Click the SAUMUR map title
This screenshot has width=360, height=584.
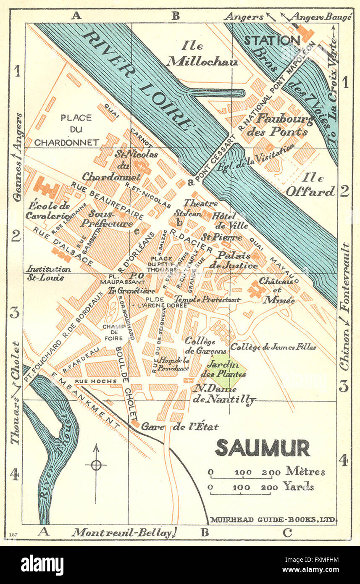[x=263, y=448]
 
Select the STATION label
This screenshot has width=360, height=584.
[x=272, y=41]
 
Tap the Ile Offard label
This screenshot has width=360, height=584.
[x=310, y=185]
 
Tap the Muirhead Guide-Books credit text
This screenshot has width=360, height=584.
[x=273, y=520]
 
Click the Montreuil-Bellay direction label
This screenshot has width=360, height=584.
[x=122, y=533]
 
